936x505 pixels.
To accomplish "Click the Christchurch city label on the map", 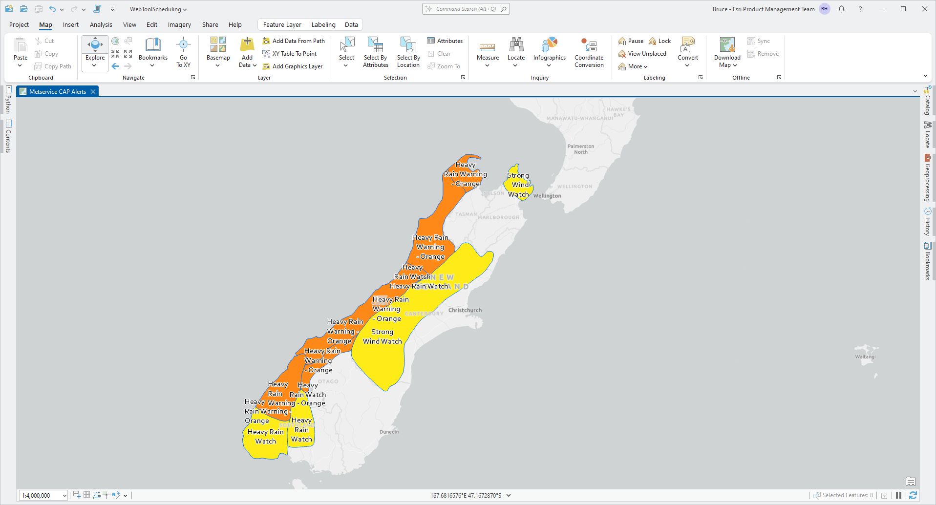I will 465,310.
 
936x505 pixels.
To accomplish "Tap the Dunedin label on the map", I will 389,432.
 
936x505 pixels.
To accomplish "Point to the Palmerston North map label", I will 580,149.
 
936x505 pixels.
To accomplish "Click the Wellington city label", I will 547,196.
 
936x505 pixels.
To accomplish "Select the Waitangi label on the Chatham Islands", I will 865,357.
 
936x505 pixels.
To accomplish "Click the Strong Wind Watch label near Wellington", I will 518,185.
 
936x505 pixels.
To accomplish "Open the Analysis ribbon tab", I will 101,25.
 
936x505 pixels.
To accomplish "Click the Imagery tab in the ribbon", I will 179,25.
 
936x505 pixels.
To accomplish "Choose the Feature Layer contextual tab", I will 282,25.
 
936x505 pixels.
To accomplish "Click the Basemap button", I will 218,52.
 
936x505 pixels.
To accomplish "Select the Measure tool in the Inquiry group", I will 488,52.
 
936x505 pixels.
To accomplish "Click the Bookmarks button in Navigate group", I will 153,52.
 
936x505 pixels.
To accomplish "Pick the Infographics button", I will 549,52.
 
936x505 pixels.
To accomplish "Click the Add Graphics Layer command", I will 297,66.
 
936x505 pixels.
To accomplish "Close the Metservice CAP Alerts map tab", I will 93,92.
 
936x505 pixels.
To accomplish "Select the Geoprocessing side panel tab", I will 927,179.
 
